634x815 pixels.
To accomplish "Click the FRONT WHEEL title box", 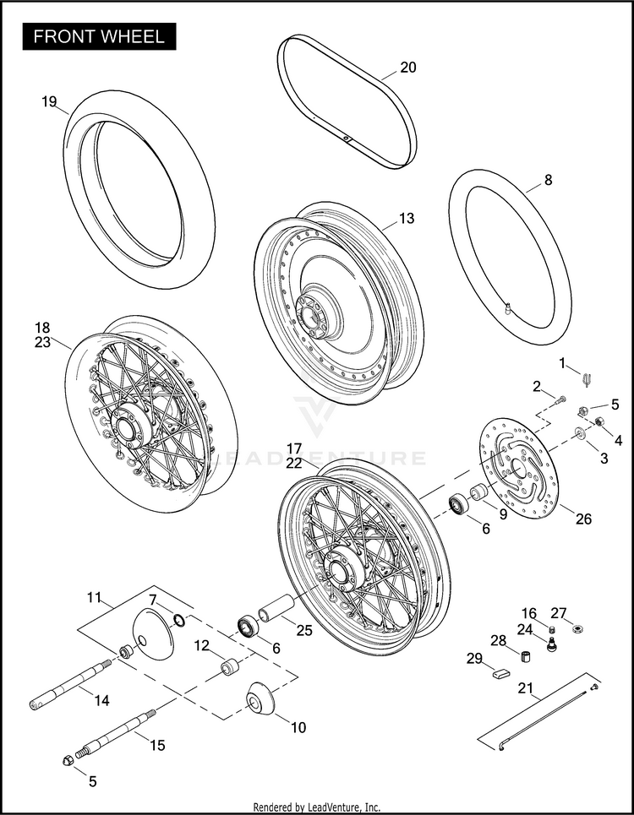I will [99, 38].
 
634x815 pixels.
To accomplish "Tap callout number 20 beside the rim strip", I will [407, 68].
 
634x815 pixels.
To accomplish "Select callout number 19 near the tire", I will [49, 102].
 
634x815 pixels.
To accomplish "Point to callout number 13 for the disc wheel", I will [407, 218].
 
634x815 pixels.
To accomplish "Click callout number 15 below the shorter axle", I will [157, 745].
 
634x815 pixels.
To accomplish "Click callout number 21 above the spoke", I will [525, 688].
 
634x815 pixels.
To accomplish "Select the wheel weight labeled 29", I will [498, 673].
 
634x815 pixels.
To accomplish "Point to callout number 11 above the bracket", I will [93, 598].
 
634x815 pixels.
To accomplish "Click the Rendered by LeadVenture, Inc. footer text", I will [317, 807].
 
